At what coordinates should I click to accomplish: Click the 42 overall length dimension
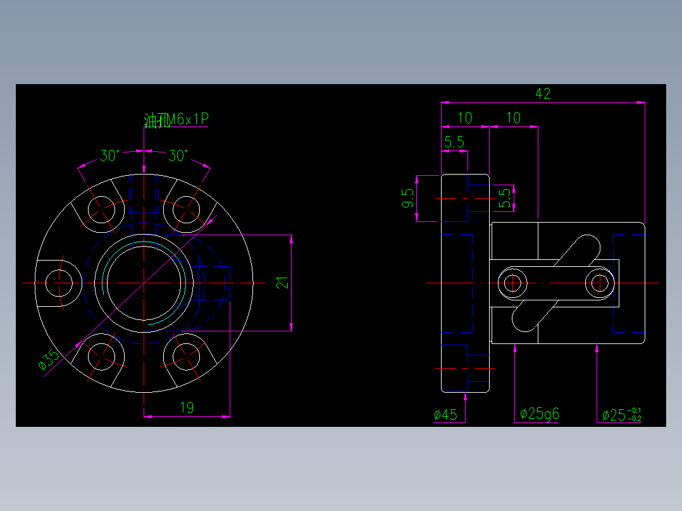pyautogui.click(x=543, y=94)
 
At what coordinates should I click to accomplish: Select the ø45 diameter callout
pyautogui.click(x=445, y=415)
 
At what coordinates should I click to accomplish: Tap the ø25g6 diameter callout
pyautogui.click(x=540, y=414)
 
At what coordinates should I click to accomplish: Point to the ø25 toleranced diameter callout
pyautogui.click(x=621, y=415)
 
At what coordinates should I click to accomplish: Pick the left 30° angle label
pyautogui.click(x=110, y=156)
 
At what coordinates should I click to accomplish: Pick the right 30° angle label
pyautogui.click(x=178, y=156)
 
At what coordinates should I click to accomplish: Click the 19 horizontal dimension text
pyautogui.click(x=187, y=408)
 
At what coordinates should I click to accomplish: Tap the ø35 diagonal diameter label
pyautogui.click(x=49, y=360)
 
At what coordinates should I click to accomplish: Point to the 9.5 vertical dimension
pyautogui.click(x=407, y=199)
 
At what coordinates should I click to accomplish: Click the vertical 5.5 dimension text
pyautogui.click(x=504, y=198)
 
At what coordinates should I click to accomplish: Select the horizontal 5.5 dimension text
pyautogui.click(x=454, y=142)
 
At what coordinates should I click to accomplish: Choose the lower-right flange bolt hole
pyautogui.click(x=187, y=356)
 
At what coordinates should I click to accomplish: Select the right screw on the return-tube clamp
pyautogui.click(x=599, y=283)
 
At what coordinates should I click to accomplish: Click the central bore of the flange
pyautogui.click(x=144, y=283)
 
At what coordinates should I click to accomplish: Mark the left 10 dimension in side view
pyautogui.click(x=465, y=118)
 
